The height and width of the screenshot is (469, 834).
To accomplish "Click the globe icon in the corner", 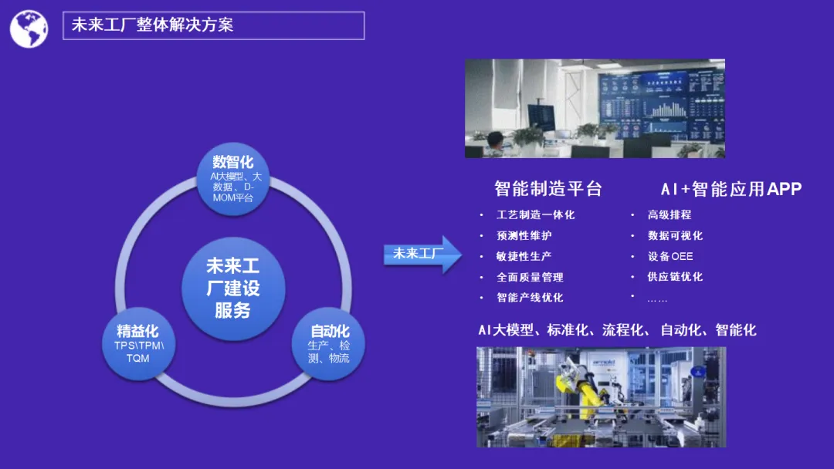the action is point(29,29).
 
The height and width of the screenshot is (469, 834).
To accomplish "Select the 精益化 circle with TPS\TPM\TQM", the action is point(137,343).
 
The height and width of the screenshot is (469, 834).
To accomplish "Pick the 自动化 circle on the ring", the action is point(329,344).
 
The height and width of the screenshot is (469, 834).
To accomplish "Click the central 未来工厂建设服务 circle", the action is point(232,288).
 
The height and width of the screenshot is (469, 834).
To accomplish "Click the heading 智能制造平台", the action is point(548,189).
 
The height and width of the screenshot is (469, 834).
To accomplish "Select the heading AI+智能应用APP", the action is point(731,189).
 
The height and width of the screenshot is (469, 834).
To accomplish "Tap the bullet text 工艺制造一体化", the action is point(535,214).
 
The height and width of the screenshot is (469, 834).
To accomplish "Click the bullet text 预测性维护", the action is point(524,235).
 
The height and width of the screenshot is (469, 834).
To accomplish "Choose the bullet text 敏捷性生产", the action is point(524,256).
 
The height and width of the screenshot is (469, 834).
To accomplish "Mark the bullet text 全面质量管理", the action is point(530,277).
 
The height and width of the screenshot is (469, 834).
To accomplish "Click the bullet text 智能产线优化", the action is point(530,298).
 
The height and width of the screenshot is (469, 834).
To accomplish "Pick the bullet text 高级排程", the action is point(670,214).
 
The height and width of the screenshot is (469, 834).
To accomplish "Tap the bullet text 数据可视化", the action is point(675,235).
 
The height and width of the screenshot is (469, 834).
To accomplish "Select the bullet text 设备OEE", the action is point(670,256).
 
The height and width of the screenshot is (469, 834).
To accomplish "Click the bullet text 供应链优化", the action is point(675,277).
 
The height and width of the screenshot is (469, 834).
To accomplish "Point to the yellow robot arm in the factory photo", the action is point(587,390).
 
